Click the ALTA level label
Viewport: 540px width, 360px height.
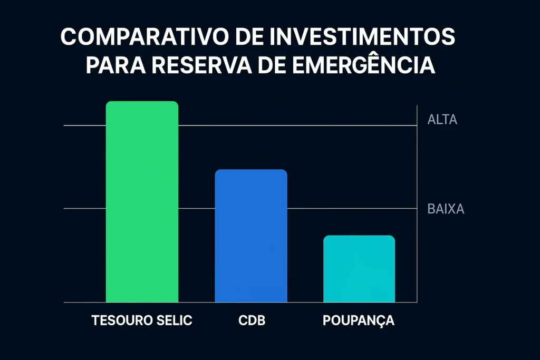pyautogui.click(x=442, y=120)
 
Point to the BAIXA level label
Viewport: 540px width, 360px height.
pyautogui.click(x=445, y=209)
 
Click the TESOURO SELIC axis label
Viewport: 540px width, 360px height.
pyautogui.click(x=142, y=320)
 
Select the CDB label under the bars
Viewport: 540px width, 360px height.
pyautogui.click(x=251, y=320)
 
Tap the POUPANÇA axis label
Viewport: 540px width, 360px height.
pyautogui.click(x=359, y=320)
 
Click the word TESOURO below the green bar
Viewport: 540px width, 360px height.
pyautogui.click(x=119, y=320)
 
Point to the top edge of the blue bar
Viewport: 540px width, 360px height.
pyautogui.click(x=251, y=170)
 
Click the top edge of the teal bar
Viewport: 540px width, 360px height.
pyautogui.click(x=359, y=236)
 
